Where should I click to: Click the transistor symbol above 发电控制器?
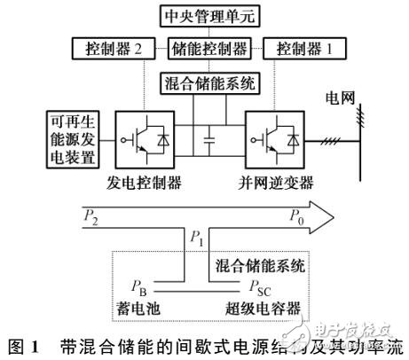pyautogui.click(x=148, y=139)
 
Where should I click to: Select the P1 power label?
pyautogui.click(x=196, y=239)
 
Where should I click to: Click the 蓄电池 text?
pyautogui.click(x=143, y=305)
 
